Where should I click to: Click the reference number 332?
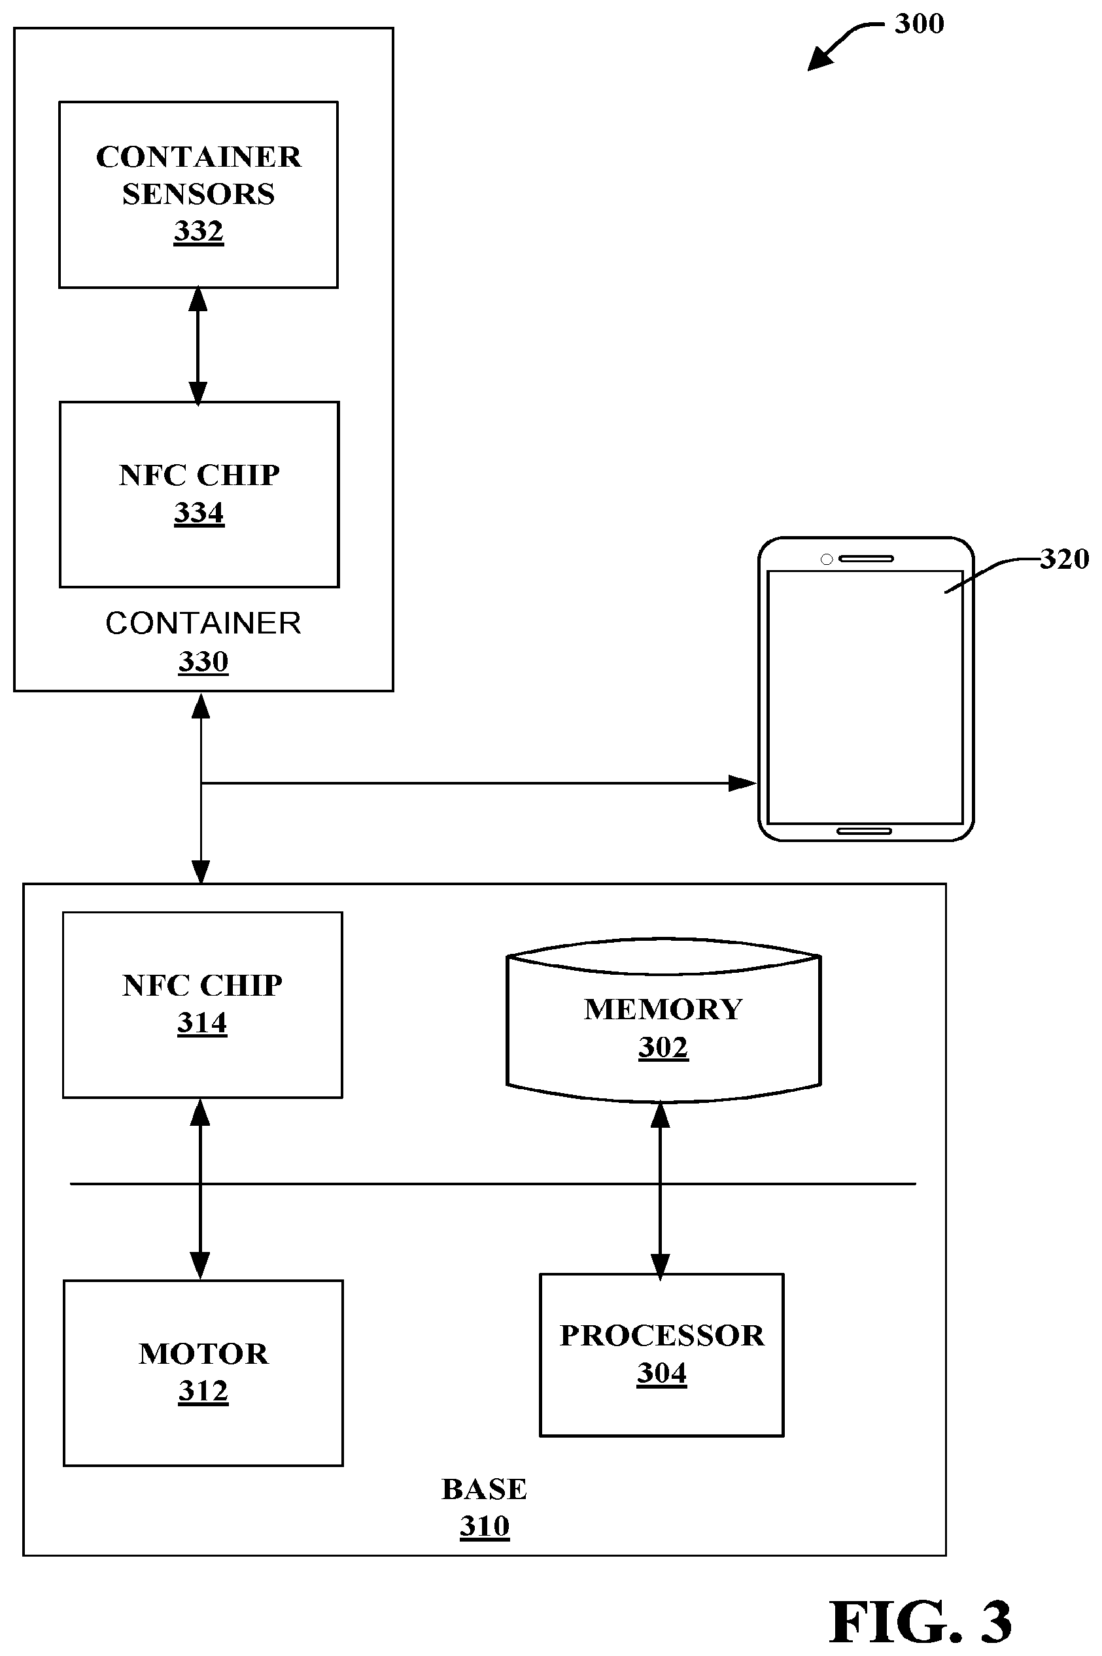199,230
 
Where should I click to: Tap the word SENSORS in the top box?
199,194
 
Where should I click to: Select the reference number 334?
199,512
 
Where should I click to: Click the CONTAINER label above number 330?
203,623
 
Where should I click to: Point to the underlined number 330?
203,661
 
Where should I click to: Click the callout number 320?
1065,559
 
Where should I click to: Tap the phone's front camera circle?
827,559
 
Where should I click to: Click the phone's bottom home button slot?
864,831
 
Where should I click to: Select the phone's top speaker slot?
866,558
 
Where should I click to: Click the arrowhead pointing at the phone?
743,783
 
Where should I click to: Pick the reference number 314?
201,1022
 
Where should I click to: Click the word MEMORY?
663,1009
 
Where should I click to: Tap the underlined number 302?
663,1047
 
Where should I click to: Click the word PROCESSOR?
662,1336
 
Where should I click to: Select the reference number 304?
662,1372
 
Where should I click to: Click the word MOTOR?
204,1354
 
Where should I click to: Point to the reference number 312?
203,1391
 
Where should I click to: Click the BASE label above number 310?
484,1489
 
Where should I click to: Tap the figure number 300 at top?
920,24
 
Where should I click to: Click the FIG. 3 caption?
921,1621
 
